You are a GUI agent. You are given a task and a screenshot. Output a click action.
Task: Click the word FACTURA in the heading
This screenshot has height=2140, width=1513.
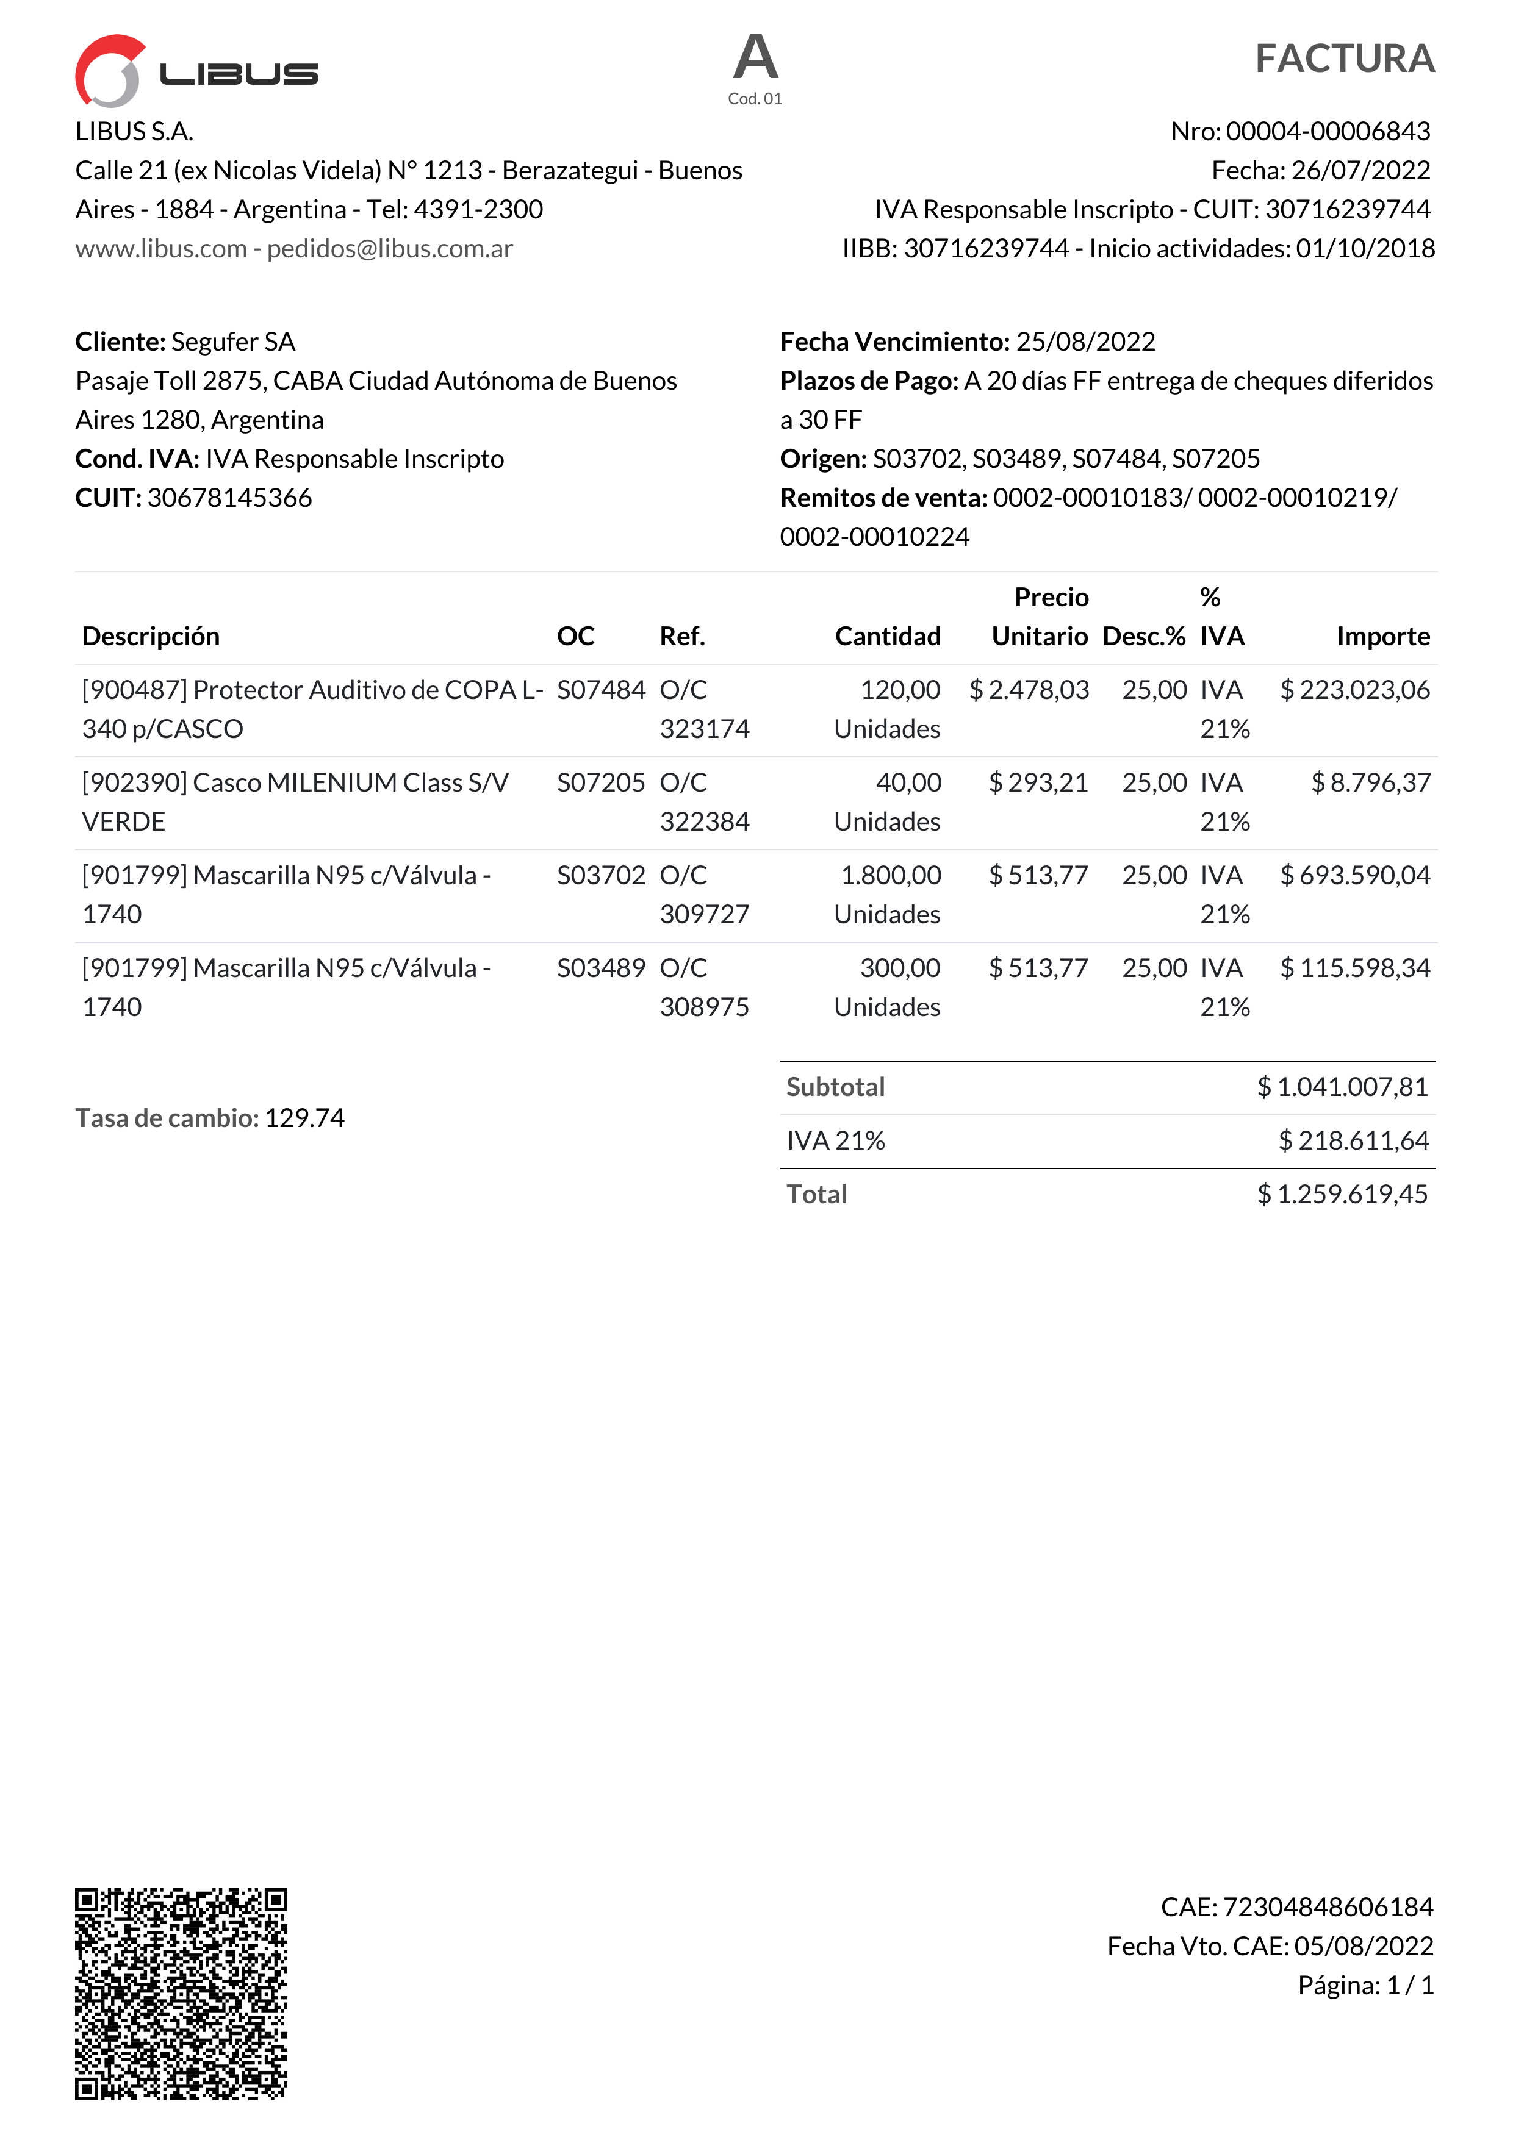(x=1344, y=59)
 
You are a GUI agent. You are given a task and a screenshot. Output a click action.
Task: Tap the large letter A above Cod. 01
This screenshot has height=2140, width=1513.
(x=755, y=58)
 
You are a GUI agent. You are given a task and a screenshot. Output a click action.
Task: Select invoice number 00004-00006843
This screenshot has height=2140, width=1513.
(x=1328, y=131)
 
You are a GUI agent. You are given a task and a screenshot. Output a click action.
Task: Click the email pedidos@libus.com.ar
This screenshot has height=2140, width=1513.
(x=390, y=249)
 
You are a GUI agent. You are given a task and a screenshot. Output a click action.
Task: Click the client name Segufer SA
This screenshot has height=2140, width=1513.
(x=233, y=342)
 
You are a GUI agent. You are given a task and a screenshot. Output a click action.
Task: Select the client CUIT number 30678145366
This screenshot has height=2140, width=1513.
(x=229, y=498)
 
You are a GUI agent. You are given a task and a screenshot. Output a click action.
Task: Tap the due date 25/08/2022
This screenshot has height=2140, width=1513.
(x=1085, y=342)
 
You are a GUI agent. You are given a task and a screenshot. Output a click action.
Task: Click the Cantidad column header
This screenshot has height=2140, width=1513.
(x=888, y=637)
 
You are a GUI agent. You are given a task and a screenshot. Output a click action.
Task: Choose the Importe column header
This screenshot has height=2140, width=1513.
(x=1382, y=637)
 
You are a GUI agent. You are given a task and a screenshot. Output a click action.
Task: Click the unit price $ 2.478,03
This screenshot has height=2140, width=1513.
(x=1029, y=690)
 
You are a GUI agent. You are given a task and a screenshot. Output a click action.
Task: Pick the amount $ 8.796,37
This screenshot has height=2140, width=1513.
(x=1370, y=783)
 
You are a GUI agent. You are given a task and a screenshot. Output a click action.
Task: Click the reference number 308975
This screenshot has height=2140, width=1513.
(x=704, y=1007)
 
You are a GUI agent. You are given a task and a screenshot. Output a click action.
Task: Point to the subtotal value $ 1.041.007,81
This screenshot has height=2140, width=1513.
(x=1342, y=1087)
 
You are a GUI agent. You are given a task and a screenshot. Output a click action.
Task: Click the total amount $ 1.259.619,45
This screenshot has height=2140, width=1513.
(x=1342, y=1195)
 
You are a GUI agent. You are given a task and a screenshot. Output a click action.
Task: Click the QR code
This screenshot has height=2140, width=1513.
(x=181, y=1994)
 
